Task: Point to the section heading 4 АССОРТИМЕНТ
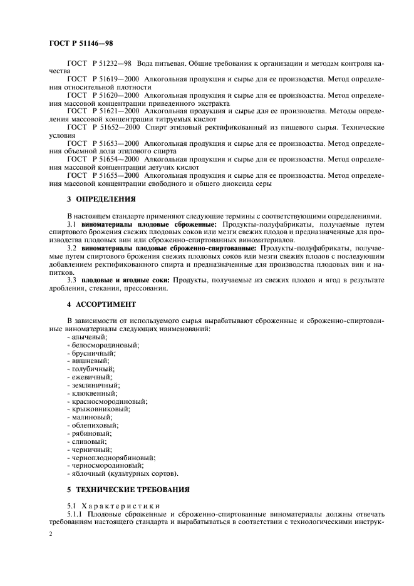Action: [x=101, y=304]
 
